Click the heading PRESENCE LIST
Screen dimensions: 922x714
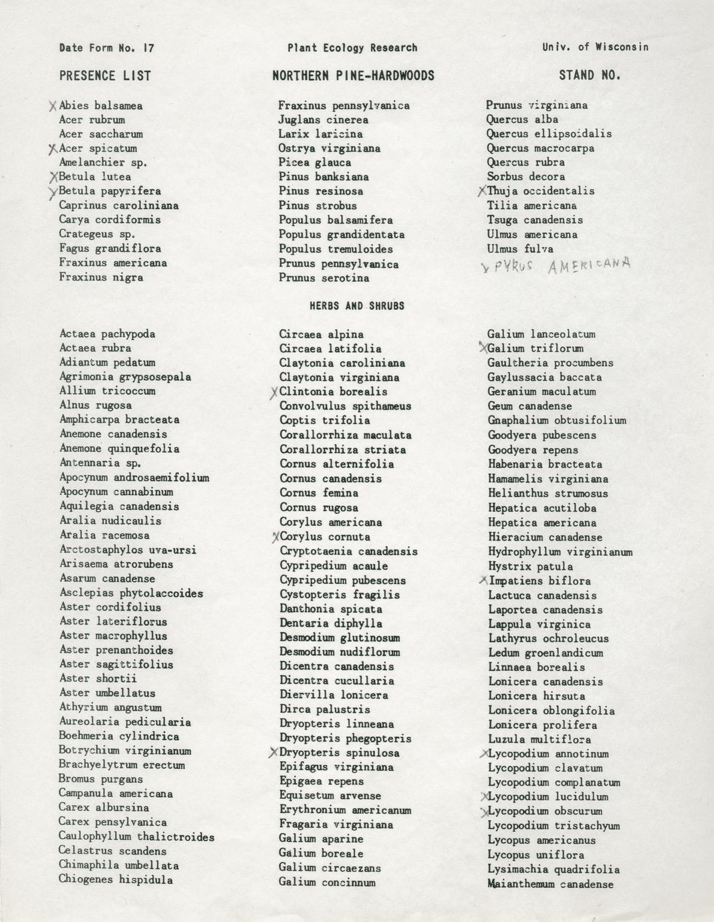tap(105, 75)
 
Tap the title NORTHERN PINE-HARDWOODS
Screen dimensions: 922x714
tap(353, 75)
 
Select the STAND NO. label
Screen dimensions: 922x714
tap(590, 75)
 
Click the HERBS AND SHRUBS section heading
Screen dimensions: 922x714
tap(356, 306)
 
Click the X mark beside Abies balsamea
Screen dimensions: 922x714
tap(53, 106)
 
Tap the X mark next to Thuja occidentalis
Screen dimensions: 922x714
tap(481, 191)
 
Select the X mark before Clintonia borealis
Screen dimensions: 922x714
tap(273, 393)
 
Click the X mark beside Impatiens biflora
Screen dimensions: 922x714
tap(483, 581)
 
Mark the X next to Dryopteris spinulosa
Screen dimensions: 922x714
tap(273, 753)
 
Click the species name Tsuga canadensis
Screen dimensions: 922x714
tap(534, 220)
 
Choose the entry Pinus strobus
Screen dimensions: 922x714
tap(318, 206)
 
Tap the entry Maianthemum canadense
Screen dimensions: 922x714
tap(550, 884)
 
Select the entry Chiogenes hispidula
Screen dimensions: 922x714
tap(116, 879)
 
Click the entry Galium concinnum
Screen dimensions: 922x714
tap(327, 882)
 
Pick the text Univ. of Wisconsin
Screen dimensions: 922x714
tap(595, 47)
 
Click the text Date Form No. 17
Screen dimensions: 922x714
tap(107, 48)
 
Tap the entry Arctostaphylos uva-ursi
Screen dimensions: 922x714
tap(128, 550)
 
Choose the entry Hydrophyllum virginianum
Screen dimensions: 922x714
tap(560, 552)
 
